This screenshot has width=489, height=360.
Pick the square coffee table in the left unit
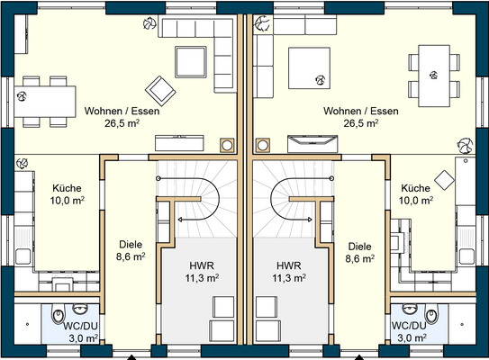(x=192, y=61)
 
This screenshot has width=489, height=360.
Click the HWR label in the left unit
(x=203, y=265)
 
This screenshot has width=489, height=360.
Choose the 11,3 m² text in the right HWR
(x=288, y=278)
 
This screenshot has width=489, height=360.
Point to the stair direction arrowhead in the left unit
(x=181, y=218)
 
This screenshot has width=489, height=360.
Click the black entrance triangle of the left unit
(x=131, y=355)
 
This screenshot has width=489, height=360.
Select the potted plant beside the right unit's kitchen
(x=466, y=145)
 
